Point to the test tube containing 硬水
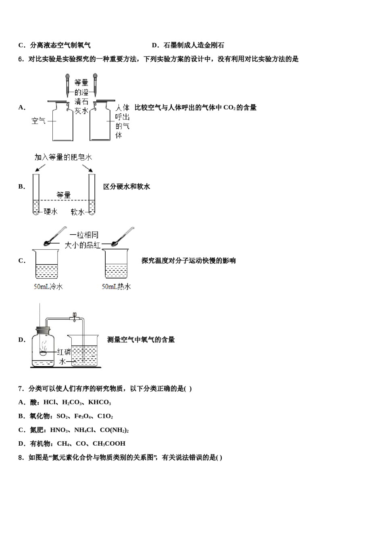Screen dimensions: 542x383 point(36,194)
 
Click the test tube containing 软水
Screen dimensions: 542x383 point(92,194)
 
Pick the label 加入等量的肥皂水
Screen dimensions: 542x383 point(63,157)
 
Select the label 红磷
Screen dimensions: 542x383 point(64,352)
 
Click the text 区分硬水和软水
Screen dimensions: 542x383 point(127,187)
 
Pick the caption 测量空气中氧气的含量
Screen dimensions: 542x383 point(141,340)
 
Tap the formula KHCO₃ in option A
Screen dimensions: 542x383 point(99,402)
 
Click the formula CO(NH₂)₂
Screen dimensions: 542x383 point(114,430)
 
